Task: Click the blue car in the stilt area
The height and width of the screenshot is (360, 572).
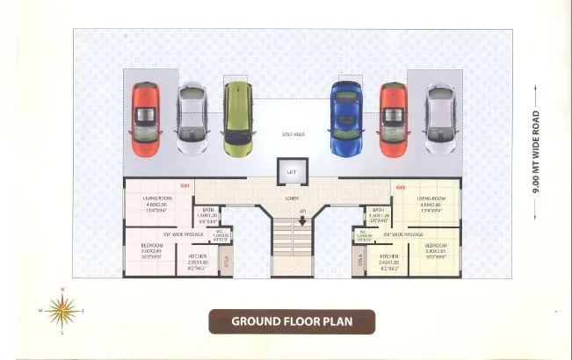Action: (x=345, y=118)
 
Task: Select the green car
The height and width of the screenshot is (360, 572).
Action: (x=235, y=113)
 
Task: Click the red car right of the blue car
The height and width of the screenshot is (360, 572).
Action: (x=393, y=114)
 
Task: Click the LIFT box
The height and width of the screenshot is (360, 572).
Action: (x=291, y=172)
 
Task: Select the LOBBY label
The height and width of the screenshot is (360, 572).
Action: (x=291, y=198)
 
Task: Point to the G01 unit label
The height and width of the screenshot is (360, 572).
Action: (x=185, y=186)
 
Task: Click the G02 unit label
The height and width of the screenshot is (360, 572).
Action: (x=400, y=186)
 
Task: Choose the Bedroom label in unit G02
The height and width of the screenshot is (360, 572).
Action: (x=436, y=246)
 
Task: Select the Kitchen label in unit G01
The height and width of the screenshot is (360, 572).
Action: (x=197, y=256)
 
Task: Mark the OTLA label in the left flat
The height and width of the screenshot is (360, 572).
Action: (x=226, y=261)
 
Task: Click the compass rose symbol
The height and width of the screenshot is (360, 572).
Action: (x=62, y=310)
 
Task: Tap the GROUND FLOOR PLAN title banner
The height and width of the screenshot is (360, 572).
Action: (x=291, y=321)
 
